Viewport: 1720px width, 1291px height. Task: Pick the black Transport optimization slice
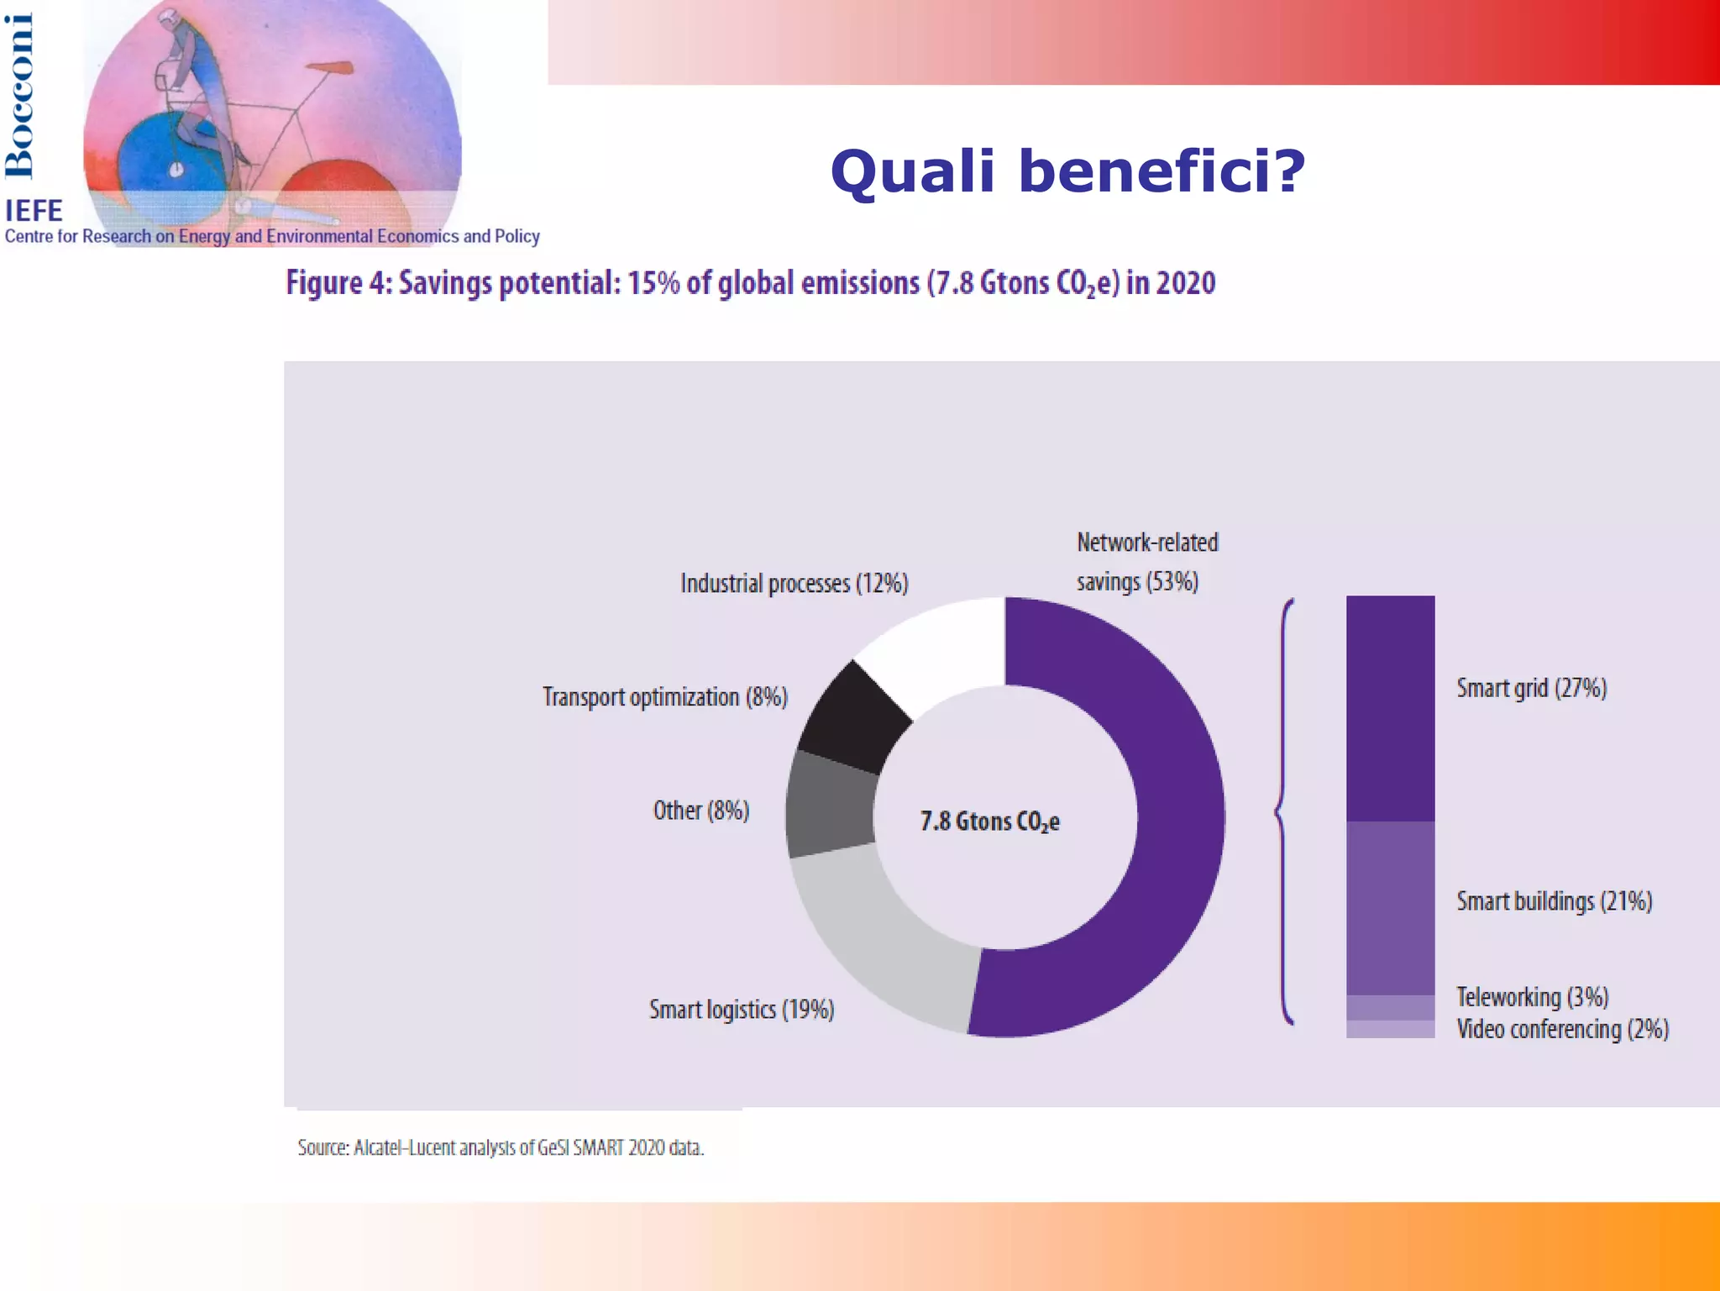coord(852,718)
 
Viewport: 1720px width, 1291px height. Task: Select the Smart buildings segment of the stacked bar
coord(1390,907)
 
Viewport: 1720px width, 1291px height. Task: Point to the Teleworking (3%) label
coord(1532,997)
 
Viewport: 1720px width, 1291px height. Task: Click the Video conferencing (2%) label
coord(1562,1029)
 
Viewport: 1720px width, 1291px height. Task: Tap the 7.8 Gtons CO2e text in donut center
coord(989,821)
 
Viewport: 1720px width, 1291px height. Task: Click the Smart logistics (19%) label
coord(742,1010)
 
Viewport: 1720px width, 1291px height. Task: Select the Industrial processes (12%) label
coord(794,583)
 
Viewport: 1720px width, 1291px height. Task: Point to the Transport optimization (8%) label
coord(664,697)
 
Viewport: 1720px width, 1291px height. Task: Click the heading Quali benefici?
coord(1067,171)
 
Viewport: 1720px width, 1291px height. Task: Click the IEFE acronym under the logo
coord(34,210)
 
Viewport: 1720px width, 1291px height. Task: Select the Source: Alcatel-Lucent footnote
coord(501,1147)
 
